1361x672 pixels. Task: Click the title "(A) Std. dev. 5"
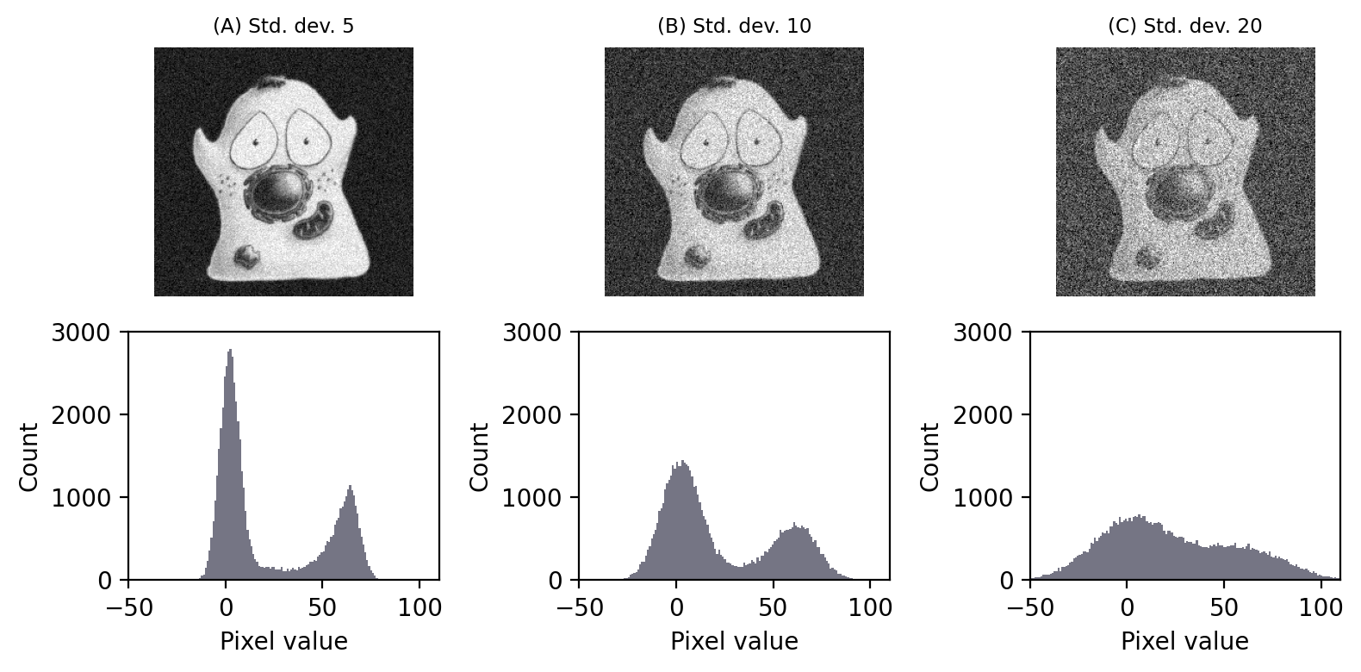(283, 26)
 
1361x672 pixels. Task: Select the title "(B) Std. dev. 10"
(734, 26)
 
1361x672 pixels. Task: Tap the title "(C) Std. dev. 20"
(1184, 26)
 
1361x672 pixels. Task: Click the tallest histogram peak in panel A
(230, 352)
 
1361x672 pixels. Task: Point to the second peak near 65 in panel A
(351, 488)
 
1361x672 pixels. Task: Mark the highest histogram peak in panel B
(681, 462)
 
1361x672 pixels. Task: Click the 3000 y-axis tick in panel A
(87, 332)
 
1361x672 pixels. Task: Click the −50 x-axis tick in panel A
(128, 608)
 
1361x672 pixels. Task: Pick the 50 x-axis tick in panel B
(773, 608)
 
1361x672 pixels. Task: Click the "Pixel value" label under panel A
(283, 642)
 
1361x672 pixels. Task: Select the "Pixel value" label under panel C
(1184, 642)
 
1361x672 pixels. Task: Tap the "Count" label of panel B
(480, 456)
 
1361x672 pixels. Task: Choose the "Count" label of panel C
(930, 456)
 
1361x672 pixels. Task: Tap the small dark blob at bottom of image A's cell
(249, 256)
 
